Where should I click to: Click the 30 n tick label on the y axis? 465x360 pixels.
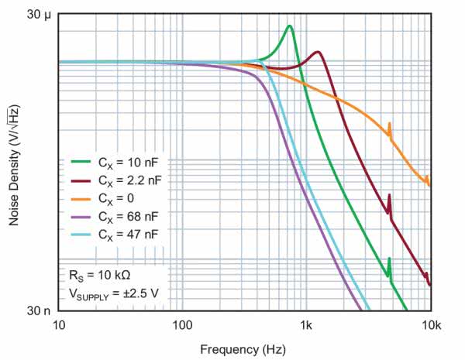37,310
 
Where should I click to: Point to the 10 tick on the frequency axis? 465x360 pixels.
60,324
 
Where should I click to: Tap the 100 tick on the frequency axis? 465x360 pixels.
182,324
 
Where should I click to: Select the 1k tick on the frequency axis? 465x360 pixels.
306,324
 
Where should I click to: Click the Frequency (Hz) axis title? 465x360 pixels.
243,349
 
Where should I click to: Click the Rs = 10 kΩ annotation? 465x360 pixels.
99,275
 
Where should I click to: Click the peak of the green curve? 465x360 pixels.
289,26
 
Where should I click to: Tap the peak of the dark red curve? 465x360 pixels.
318,52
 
